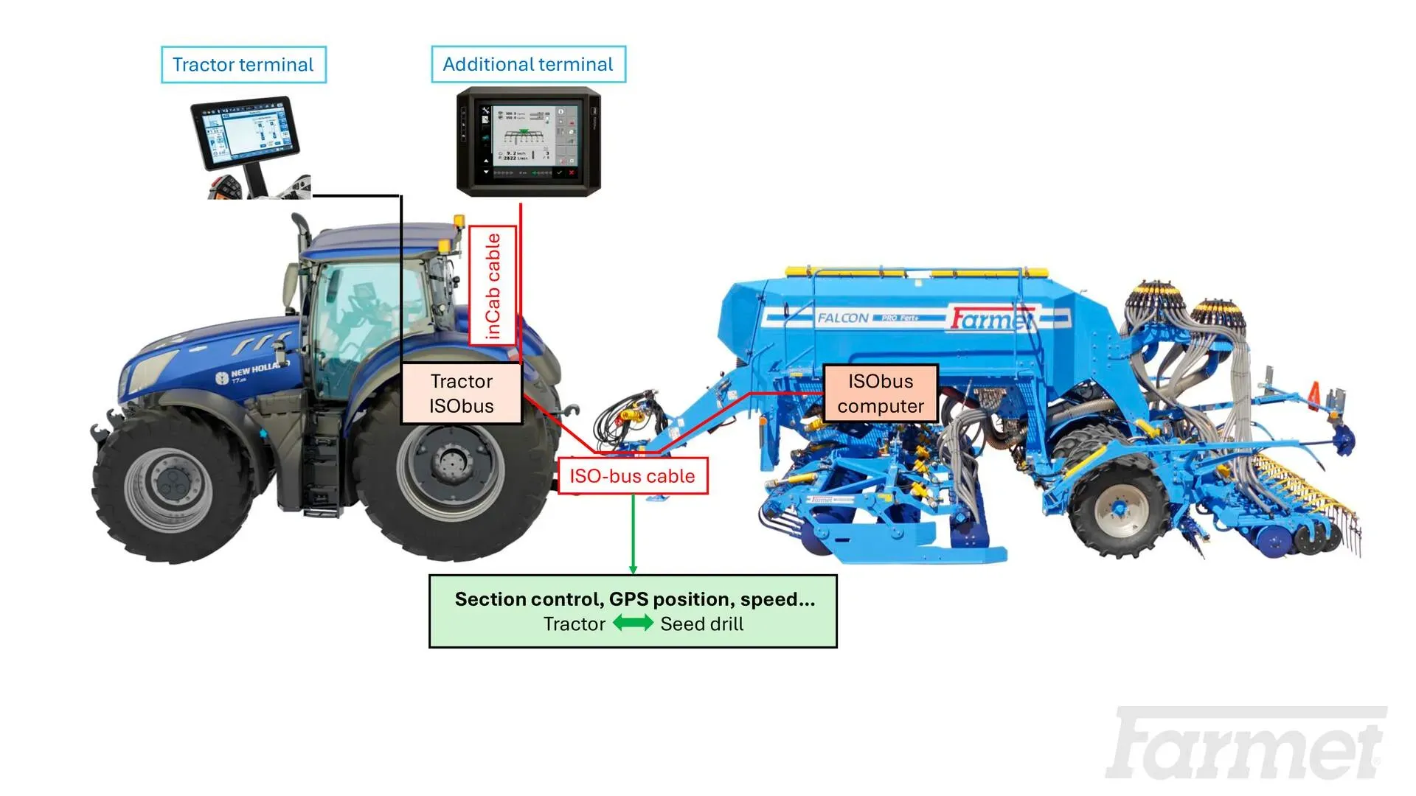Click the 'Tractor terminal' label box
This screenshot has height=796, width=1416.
tap(243, 65)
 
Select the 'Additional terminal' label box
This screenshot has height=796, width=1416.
tap(528, 65)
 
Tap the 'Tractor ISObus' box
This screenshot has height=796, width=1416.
tap(462, 394)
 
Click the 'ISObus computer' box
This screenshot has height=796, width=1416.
tap(880, 394)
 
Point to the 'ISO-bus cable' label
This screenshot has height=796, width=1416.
tap(632, 476)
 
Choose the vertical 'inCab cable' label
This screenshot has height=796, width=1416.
tap(493, 286)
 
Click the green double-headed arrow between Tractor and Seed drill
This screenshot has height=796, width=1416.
tap(633, 624)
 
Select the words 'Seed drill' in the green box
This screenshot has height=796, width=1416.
tap(701, 624)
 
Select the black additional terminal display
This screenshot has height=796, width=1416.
tap(528, 142)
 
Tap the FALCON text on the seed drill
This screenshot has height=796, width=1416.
tap(843, 318)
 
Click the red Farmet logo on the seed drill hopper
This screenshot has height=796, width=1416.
tap(990, 319)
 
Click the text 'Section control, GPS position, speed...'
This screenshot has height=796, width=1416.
tap(634, 599)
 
